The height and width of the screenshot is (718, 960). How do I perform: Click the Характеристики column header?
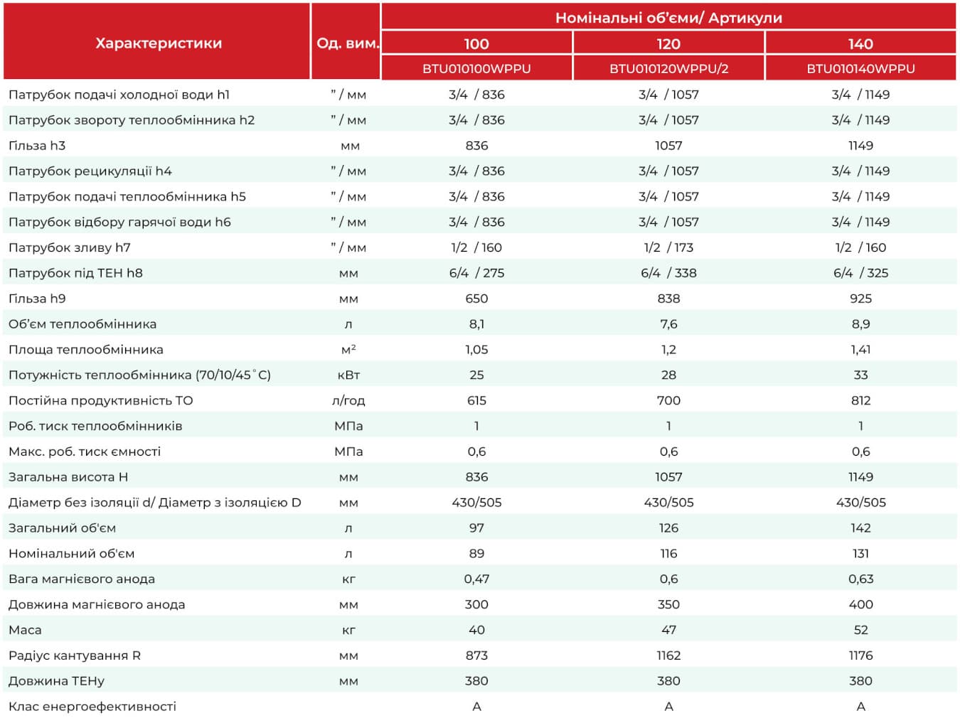point(159,43)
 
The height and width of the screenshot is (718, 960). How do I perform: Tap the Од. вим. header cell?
point(348,43)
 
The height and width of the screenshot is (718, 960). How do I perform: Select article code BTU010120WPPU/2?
point(668,69)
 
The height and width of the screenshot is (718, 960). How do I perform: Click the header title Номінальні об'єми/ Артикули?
point(668,18)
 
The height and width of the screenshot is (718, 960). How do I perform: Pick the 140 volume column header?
point(860,43)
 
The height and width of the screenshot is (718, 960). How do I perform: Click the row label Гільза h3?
point(37,146)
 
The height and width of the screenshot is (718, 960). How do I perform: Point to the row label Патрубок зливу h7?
point(70,248)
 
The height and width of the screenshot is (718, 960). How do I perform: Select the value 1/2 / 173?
point(668,247)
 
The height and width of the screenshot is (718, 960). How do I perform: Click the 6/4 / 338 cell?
point(668,273)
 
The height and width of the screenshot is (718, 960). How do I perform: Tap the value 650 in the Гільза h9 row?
point(476,299)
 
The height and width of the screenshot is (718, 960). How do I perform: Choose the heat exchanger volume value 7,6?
point(668,324)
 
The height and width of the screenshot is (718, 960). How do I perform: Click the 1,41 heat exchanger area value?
point(860,350)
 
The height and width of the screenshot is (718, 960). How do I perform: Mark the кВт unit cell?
point(348,375)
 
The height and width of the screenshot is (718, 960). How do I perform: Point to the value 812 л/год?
point(860,401)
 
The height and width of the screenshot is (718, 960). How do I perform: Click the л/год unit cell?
point(348,401)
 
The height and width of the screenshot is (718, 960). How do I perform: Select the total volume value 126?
point(668,528)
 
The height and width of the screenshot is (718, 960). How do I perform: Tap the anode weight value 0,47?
point(476,579)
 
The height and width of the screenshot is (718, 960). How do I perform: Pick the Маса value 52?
point(860,630)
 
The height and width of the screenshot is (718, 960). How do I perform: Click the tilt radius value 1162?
point(668,655)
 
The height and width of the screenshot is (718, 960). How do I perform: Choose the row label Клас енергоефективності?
point(92,707)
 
